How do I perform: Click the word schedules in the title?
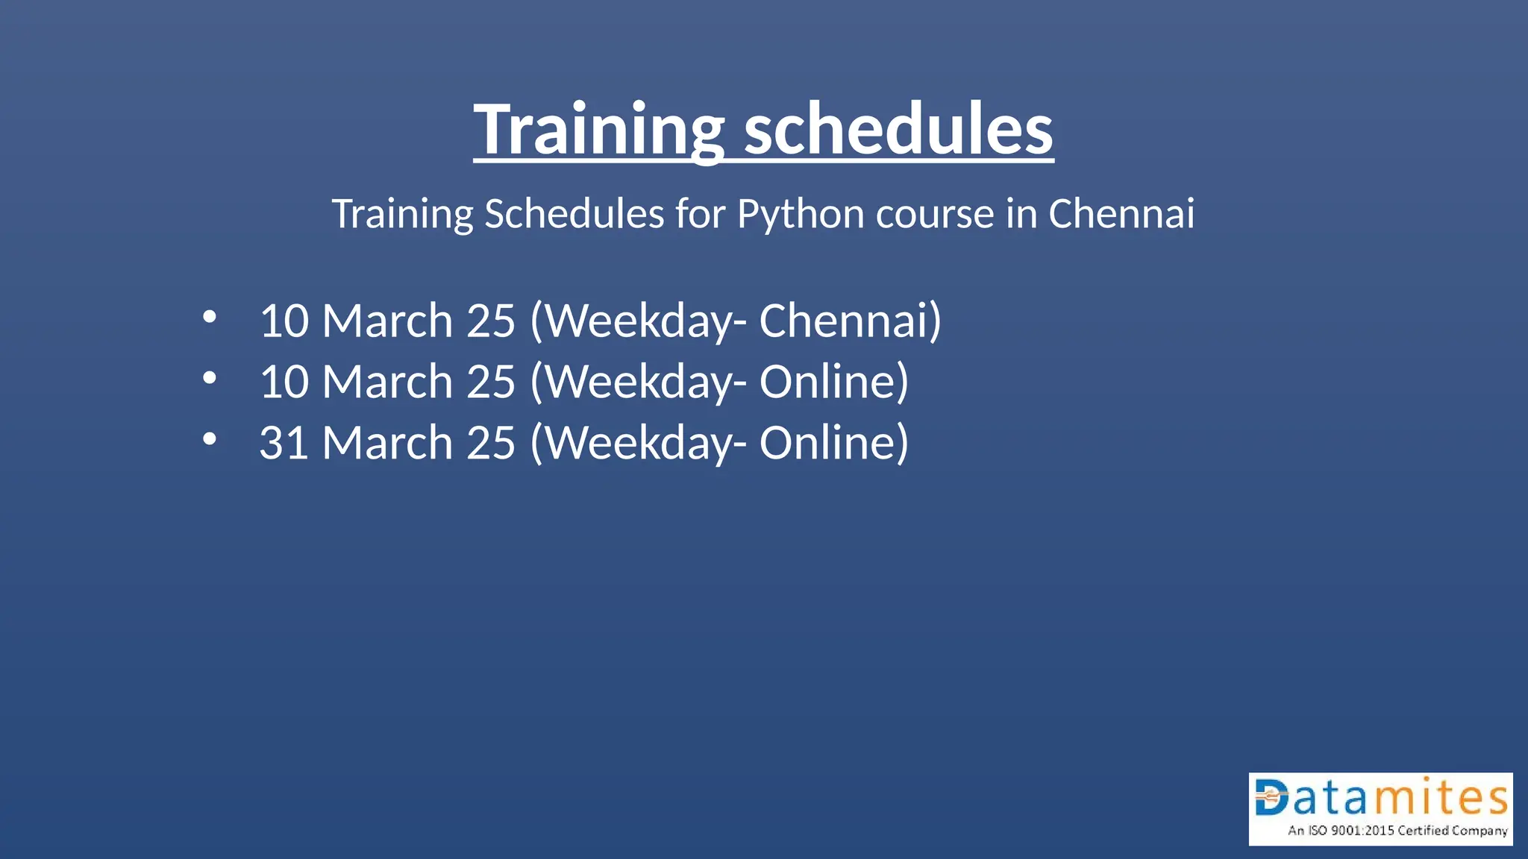pyautogui.click(x=898, y=130)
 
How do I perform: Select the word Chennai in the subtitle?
pyautogui.click(x=1121, y=214)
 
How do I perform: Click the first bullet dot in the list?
pyautogui.click(x=210, y=317)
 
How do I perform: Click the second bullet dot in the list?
pyautogui.click(x=210, y=378)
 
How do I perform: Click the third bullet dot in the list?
pyautogui.click(x=210, y=439)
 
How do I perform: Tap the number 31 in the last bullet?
pyautogui.click(x=284, y=443)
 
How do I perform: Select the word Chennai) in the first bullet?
pyautogui.click(x=850, y=321)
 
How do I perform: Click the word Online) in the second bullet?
pyautogui.click(x=833, y=382)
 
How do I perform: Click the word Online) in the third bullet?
pyautogui.click(x=833, y=443)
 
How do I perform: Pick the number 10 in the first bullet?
pyautogui.click(x=284, y=321)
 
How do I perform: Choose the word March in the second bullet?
pyautogui.click(x=386, y=382)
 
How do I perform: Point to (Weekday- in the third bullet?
pyautogui.click(x=638, y=443)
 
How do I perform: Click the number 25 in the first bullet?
pyautogui.click(x=490, y=321)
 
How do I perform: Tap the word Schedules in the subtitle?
pyautogui.click(x=574, y=214)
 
